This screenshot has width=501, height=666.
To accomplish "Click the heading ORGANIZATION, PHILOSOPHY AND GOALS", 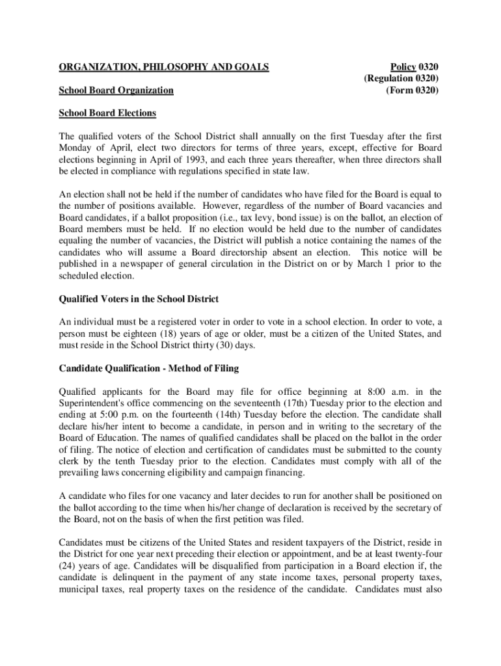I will [x=164, y=66].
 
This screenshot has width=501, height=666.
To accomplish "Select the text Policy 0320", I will [x=414, y=66].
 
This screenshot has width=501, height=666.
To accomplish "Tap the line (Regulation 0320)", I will [x=401, y=78].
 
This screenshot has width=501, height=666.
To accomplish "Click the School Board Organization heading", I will [x=116, y=90].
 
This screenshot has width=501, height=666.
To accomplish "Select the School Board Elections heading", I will [x=107, y=113].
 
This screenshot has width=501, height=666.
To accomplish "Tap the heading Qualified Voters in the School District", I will [x=139, y=299].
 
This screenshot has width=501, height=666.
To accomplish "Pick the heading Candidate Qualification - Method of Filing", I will [x=149, y=368].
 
